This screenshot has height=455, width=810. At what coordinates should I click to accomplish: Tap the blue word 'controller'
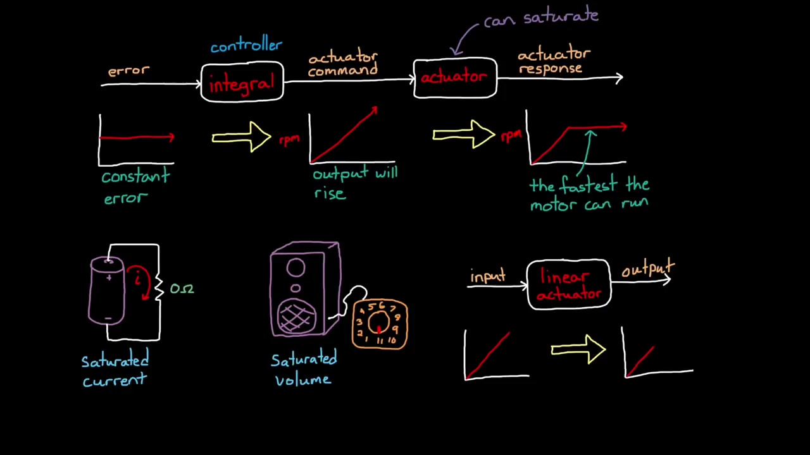coord(246,46)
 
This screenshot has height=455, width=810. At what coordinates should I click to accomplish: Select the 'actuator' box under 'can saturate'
coord(454,78)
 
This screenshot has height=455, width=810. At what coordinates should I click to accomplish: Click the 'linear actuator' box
coord(568,285)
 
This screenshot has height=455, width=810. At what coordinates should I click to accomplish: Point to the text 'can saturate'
coord(541,18)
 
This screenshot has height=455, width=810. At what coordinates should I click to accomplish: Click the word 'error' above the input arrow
coord(128,71)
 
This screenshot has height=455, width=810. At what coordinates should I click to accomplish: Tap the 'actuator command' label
coord(343,64)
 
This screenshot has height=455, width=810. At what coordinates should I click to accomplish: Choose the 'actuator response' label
coord(553,61)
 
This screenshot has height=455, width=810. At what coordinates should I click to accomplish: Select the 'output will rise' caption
coord(354,183)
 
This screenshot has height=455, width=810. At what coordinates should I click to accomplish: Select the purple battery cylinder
coord(108,291)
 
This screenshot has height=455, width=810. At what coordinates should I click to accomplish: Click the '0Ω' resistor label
coord(182,289)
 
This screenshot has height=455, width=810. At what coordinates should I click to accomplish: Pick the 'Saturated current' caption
coord(115,370)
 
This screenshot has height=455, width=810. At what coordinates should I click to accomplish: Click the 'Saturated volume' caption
coord(304,370)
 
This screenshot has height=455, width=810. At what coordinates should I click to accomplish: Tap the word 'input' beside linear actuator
coord(488,277)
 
